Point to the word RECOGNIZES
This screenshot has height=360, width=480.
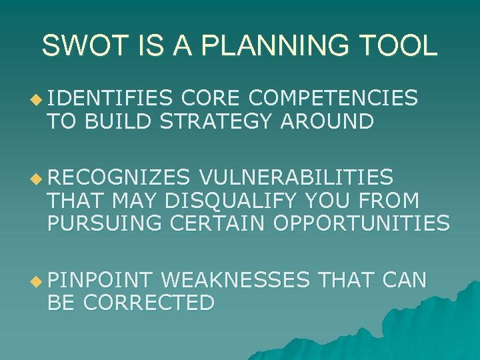click(x=118, y=177)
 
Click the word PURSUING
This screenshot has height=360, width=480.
click(x=105, y=223)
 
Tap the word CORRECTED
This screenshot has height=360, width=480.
click(x=149, y=303)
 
